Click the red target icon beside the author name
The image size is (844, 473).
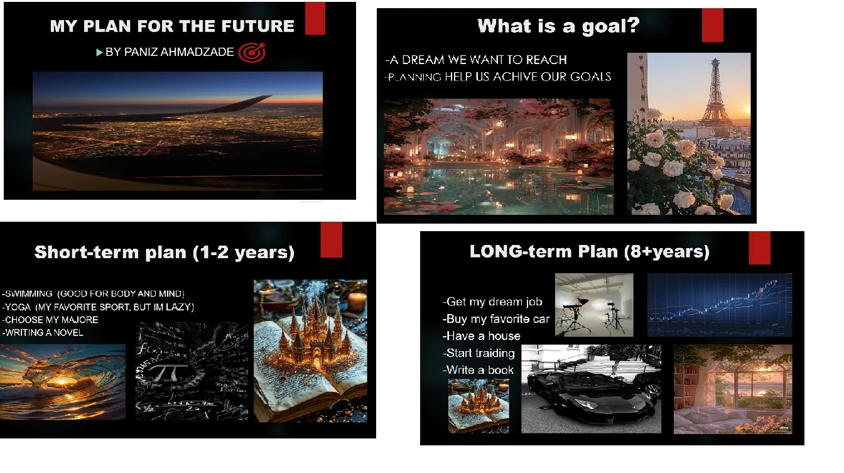point(252,52)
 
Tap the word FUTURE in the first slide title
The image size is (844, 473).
point(257,26)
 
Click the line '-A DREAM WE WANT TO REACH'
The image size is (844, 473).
point(476,60)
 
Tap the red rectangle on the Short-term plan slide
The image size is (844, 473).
point(331,240)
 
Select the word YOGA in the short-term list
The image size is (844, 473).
point(18,307)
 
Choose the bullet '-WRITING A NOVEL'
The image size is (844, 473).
point(43,333)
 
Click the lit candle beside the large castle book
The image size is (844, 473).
point(357,302)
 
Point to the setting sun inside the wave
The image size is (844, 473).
point(62,382)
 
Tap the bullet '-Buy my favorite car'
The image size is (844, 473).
point(496,319)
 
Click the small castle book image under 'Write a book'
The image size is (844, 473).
point(479,406)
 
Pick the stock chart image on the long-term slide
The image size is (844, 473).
point(720,305)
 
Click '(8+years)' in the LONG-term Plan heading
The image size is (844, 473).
point(666,252)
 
